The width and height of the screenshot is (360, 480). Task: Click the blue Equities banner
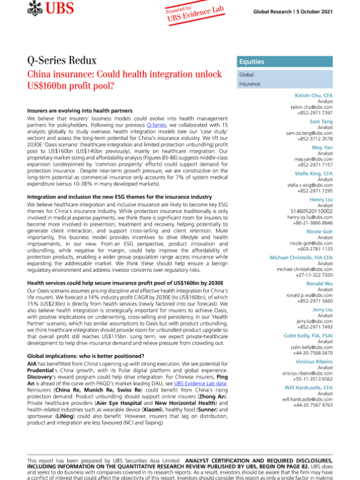pos(285,61)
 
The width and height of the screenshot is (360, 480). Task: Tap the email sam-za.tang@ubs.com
pos(310,133)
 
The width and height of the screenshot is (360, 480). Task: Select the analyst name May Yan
pos(322,147)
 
